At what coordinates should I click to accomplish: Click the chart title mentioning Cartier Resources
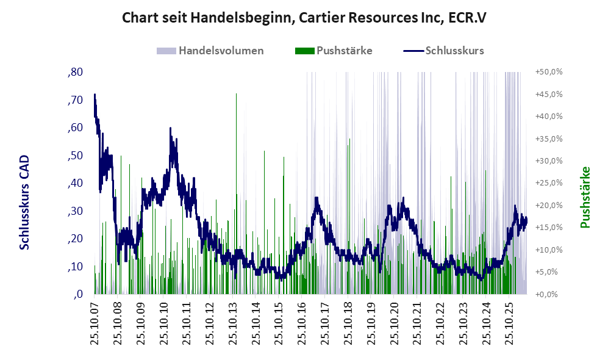coord(304,18)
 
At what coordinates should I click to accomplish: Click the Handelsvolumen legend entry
coord(210,51)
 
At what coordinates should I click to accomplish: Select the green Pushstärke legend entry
coord(334,51)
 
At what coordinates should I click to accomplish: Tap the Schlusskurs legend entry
coord(443,51)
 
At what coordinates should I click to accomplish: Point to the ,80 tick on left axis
coord(75,72)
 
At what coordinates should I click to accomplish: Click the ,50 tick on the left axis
coord(75,156)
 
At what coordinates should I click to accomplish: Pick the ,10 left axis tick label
coord(75,267)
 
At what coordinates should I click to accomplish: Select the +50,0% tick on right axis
coord(549,72)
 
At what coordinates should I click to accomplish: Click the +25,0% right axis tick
coord(549,183)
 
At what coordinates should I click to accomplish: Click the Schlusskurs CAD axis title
coord(24,203)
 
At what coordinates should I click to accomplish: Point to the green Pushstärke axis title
coord(585,198)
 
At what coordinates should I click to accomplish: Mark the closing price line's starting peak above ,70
coord(95,94)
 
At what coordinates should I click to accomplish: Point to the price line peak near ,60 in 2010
coord(170,128)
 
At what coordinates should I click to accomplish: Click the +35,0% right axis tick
coord(549,139)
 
